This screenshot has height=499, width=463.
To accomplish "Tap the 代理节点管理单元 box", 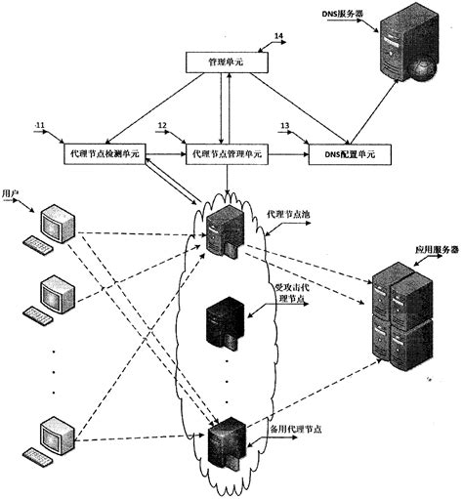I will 226,154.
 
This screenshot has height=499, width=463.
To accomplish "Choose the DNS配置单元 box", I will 349,154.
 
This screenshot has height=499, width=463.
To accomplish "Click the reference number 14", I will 279,35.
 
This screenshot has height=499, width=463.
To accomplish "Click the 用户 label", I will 13,194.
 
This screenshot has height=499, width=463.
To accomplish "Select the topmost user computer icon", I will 49,230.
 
